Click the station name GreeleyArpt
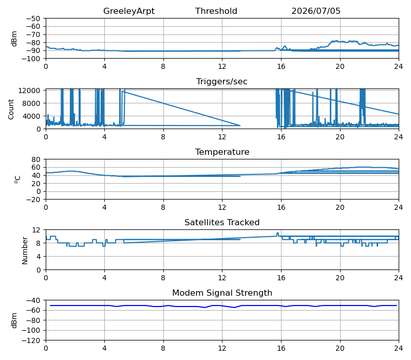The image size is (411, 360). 129,11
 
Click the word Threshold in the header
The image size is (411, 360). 216,11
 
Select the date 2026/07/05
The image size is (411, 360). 316,11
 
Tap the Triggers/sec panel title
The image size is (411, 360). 222,82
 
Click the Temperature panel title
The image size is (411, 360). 222,152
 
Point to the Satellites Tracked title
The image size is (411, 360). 222,223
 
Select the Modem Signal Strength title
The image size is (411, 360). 222,293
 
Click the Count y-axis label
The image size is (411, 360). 11,109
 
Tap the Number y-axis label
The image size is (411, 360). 25,250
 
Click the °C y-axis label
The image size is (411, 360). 17,179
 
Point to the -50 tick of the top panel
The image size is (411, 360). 33,19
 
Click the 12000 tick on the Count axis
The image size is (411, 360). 29,91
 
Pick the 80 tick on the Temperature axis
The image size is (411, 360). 36,159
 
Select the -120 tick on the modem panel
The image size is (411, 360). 31,340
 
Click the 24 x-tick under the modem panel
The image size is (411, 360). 399,349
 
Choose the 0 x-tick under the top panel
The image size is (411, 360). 46,67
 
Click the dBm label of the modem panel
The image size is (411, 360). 14,320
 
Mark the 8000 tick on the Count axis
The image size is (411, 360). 31,103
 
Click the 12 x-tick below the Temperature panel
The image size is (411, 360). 222,208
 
